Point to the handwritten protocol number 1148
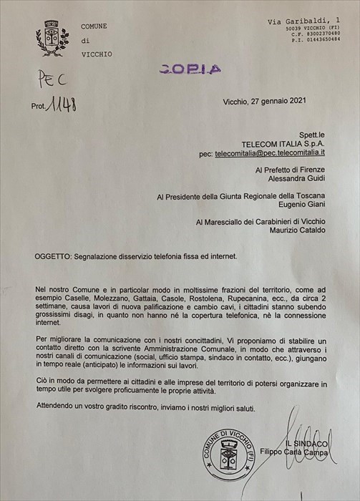click(62, 107)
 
